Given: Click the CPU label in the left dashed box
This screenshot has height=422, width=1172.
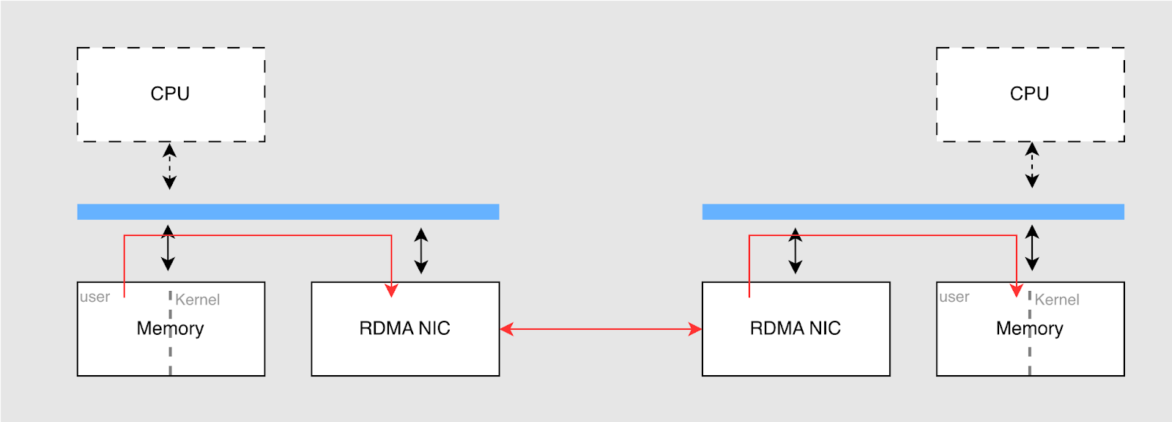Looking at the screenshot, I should (x=170, y=94).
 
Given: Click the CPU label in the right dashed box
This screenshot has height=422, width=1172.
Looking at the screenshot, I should (x=1029, y=94).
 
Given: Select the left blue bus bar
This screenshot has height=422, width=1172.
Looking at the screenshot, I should (x=288, y=212).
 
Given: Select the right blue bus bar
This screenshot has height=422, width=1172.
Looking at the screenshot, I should (x=913, y=212).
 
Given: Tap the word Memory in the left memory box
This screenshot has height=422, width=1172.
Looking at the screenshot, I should (x=170, y=328).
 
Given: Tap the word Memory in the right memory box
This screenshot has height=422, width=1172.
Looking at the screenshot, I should (x=1029, y=328).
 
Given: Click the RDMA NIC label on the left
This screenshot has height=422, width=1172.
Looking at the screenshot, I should (x=404, y=328).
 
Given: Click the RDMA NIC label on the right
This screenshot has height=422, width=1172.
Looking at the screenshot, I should (x=795, y=328).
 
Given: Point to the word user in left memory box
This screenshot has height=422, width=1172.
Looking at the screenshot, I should (x=95, y=297).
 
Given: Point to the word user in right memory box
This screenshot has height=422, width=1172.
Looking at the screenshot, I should (x=954, y=297).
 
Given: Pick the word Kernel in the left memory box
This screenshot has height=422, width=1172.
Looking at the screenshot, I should (x=198, y=300).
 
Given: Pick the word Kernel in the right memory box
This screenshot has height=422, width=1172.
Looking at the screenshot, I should (x=1057, y=300).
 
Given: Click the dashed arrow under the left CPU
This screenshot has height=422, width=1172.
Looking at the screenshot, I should (x=169, y=166).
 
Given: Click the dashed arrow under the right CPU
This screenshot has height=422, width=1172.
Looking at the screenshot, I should (x=1032, y=165).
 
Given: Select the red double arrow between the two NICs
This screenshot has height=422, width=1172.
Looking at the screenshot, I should (x=601, y=329).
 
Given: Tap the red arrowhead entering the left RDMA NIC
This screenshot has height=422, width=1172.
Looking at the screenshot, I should (x=391, y=290).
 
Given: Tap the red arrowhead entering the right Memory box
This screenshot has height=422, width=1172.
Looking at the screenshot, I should (x=1017, y=290).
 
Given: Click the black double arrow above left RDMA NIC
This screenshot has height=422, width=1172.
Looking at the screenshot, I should (x=421, y=251).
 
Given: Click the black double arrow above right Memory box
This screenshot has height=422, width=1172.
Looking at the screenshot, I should (x=1032, y=248).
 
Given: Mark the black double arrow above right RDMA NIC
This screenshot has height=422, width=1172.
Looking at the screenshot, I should (x=795, y=251).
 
